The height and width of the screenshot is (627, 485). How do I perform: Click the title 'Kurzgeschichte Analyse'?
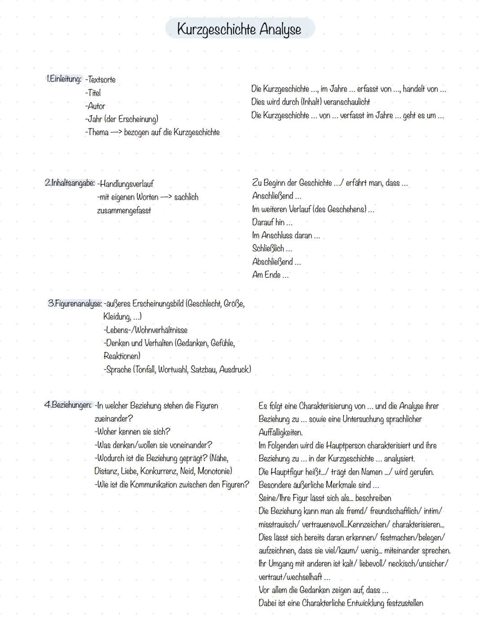tap(239, 29)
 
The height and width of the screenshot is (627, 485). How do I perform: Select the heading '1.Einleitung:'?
tap(64, 80)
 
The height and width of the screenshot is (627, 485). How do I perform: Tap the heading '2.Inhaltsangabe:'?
tap(70, 183)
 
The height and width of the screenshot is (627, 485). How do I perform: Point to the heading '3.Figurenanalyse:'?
tap(75, 304)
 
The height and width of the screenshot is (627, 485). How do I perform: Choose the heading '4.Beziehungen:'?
tap(68, 405)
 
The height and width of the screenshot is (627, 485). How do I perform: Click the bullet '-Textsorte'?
tap(100, 80)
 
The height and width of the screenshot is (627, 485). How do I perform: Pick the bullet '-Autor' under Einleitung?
tap(95, 106)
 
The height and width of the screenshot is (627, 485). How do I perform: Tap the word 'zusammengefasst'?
tap(124, 210)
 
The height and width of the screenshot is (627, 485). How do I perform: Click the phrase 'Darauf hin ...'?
tap(272, 222)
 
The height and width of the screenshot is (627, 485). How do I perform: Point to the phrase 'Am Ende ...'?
tap(270, 275)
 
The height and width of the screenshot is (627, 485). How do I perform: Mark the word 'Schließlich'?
tap(268, 249)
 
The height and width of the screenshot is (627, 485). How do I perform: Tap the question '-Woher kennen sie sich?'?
tap(132, 432)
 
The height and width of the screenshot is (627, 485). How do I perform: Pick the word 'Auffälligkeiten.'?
tap(281, 433)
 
